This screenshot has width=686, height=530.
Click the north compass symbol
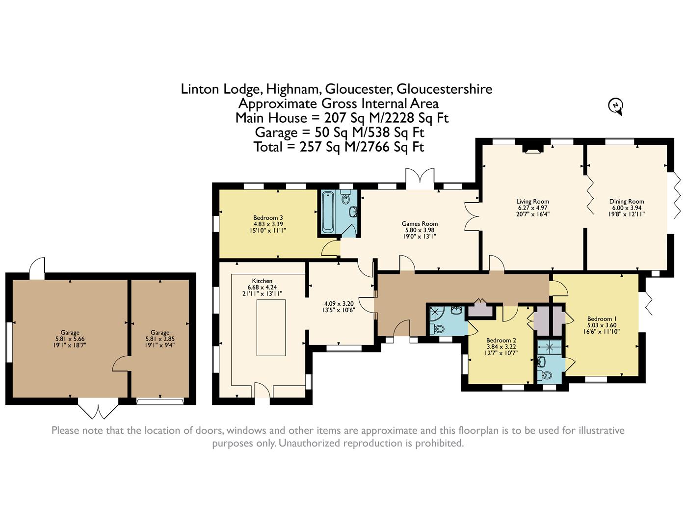[x=616, y=106]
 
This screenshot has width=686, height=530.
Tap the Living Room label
[x=532, y=201]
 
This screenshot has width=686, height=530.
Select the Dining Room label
[x=627, y=201]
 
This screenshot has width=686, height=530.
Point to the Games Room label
[x=420, y=223]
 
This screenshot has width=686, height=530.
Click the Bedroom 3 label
[x=268, y=217]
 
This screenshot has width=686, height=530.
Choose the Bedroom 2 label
[x=501, y=340]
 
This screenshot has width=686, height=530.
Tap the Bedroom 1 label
[x=602, y=319]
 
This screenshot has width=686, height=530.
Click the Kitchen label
[x=262, y=281]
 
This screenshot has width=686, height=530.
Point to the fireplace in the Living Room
[x=532, y=149]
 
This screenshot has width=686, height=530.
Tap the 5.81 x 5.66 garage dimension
[x=70, y=339]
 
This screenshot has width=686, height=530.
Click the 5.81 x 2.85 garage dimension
[x=160, y=339]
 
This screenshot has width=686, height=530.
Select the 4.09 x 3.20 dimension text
[x=339, y=304]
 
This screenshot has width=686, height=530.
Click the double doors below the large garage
[x=98, y=408]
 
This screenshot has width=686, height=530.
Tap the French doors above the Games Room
[x=420, y=179]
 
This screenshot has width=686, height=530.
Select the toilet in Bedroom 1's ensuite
[x=546, y=375]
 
